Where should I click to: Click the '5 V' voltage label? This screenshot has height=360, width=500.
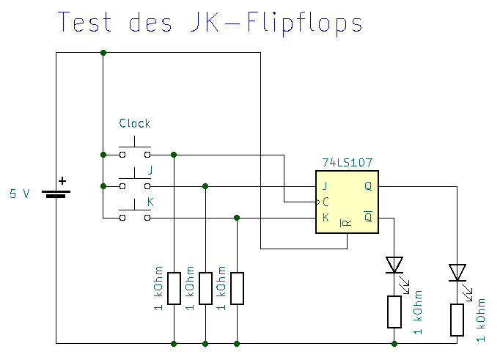pos(20,194)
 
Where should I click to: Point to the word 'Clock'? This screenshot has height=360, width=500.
pos(135,123)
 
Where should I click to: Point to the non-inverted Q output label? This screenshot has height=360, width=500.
pos(368,185)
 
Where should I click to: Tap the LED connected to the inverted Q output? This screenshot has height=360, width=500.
pos(394,265)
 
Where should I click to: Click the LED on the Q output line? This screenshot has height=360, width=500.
pos(457,273)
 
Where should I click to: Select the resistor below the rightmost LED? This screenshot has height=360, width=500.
pos(457,319)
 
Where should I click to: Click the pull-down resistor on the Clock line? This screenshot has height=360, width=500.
pos(174,288)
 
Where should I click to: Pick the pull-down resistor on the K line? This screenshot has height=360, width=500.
pos(237,288)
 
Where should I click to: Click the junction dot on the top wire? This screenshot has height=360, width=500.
pos(103,52)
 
